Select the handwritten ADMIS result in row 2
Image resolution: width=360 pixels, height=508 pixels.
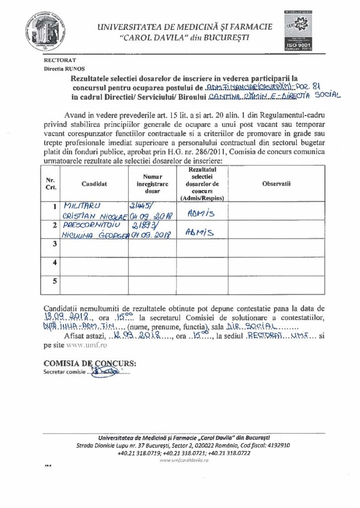tap(198, 231)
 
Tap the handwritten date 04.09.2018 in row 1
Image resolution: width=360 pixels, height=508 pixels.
tap(150, 217)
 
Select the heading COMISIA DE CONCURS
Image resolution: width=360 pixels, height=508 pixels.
tap(89, 362)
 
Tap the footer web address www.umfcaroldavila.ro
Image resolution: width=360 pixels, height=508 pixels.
tap(184, 460)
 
